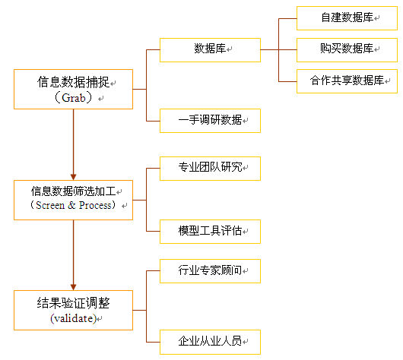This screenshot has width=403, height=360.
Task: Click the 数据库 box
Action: point(210,50)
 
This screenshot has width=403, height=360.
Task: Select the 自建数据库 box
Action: point(347,18)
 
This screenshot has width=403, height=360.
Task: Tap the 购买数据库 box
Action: point(347,50)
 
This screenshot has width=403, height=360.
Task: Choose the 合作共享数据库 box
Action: point(347,81)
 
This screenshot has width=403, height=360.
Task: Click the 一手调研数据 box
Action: point(210,121)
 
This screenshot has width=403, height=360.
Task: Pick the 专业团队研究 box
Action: point(210,169)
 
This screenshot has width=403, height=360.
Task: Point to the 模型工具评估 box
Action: point(210,232)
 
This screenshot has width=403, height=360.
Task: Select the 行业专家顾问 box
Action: point(210,271)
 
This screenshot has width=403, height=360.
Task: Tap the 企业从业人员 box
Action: point(210,342)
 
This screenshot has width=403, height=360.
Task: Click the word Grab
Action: point(74,98)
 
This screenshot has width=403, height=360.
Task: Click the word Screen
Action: point(50,205)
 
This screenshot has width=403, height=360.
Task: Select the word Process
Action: point(95,205)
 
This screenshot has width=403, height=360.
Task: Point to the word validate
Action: point(74,319)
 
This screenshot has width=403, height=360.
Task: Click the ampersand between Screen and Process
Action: point(71,205)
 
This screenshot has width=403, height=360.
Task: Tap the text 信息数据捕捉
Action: point(73,82)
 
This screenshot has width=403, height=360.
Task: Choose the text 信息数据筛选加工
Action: point(73,191)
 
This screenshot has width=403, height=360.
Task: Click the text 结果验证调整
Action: point(73,303)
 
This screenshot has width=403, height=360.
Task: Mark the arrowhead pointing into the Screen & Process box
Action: point(73,177)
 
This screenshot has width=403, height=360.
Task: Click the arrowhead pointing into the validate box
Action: point(73,287)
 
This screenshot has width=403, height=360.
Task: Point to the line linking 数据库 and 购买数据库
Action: point(278,50)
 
